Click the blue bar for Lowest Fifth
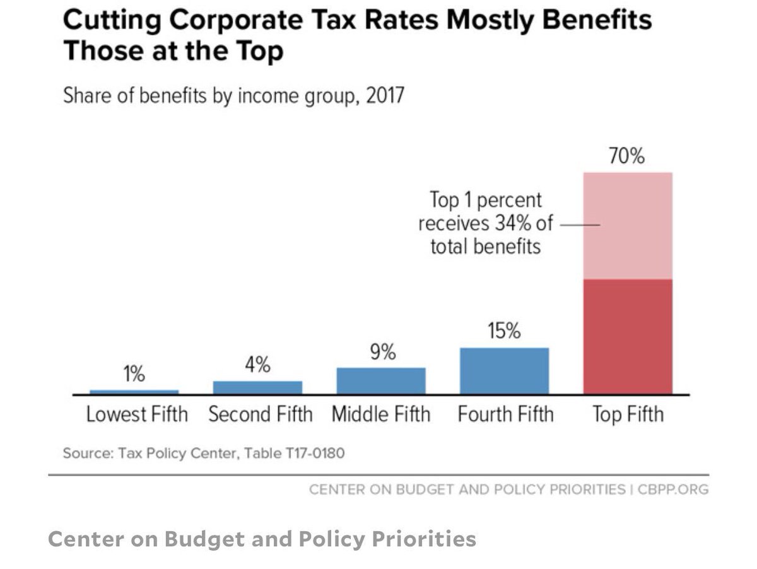pos(134,392)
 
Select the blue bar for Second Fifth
pos(257,387)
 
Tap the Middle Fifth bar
pos(381,381)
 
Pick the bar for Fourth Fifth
pos(504,371)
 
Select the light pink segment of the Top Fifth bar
pos(628,226)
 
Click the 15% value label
pos(504,331)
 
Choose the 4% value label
pos(257,365)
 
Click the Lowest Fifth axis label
pos(137,414)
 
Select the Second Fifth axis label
pos(260,414)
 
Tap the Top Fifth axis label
pos(628,414)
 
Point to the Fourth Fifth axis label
pos(505,414)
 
